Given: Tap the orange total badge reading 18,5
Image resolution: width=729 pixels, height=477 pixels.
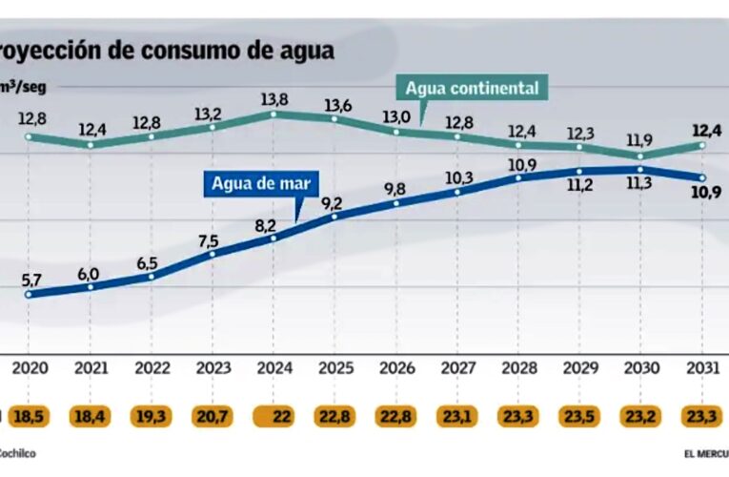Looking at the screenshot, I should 30,416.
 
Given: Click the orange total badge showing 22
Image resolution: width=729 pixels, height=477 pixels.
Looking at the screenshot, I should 274,416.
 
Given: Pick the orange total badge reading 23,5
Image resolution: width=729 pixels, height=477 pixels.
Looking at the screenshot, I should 580,416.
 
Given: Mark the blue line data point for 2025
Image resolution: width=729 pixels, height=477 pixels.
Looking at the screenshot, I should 334,217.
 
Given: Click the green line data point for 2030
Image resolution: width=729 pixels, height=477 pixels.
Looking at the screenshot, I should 641,156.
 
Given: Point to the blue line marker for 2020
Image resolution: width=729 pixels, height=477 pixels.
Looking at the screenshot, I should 30,294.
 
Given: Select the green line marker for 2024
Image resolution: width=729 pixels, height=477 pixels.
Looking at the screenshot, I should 273,114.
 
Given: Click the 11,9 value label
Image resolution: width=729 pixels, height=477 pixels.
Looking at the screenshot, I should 641,139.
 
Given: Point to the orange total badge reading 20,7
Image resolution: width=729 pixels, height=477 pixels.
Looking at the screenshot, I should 213,416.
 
